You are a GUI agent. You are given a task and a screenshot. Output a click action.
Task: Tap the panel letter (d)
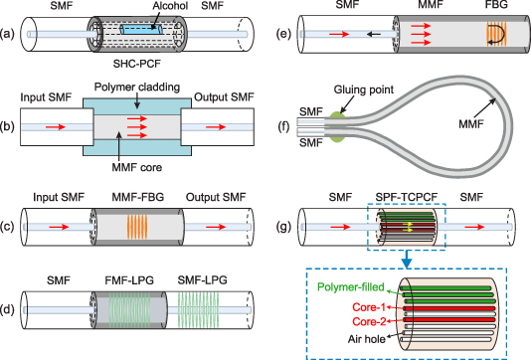pyautogui.click(x=11, y=267)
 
